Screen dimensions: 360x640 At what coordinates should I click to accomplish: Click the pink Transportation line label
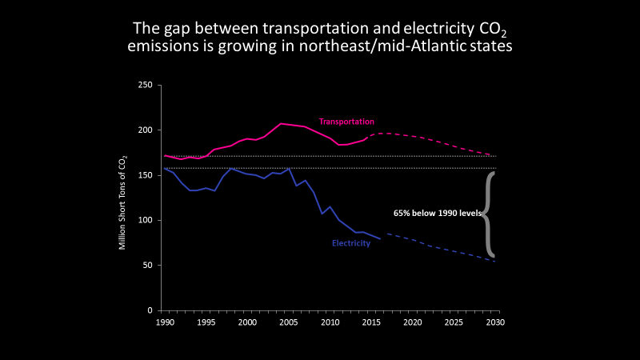(x=346, y=122)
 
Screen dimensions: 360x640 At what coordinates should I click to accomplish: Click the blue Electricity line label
(x=351, y=243)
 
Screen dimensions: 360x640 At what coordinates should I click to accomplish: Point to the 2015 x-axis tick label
(x=371, y=322)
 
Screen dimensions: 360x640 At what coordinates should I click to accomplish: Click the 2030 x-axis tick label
(x=494, y=322)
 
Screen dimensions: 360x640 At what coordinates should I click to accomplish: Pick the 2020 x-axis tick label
(x=412, y=322)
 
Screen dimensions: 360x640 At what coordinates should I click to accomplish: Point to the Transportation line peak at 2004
(x=281, y=124)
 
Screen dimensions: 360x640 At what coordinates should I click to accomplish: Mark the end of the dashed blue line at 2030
(x=494, y=262)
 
